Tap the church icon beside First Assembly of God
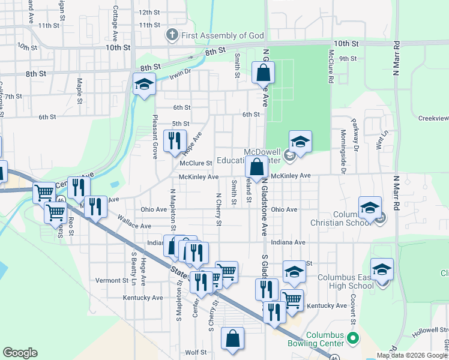click(172, 35)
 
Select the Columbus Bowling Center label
click(325, 339)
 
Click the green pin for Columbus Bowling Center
click(353, 339)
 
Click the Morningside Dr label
click(344, 152)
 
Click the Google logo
click(20, 353)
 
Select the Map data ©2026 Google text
click(412, 355)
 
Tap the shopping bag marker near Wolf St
click(232, 338)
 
